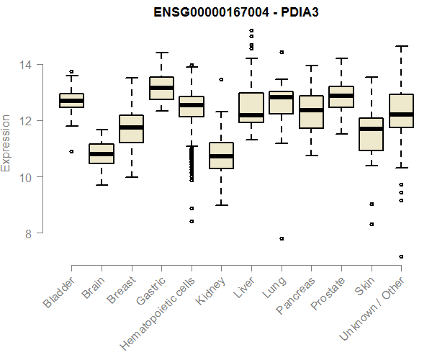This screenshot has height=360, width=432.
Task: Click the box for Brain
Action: [101, 153]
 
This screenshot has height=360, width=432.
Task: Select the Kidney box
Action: [221, 155]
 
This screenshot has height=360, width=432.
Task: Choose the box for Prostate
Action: [341, 96]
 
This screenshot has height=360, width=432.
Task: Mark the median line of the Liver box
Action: [251, 115]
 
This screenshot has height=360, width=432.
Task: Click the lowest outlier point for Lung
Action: [282, 238]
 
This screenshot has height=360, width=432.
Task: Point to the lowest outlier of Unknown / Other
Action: [401, 256]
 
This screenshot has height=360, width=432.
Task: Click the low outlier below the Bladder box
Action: [71, 151]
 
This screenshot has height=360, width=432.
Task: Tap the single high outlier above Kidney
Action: [221, 79]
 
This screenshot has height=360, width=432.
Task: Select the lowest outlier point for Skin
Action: [371, 224]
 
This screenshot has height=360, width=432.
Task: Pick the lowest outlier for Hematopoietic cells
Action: [191, 221]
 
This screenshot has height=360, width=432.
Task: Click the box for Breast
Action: [131, 129]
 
